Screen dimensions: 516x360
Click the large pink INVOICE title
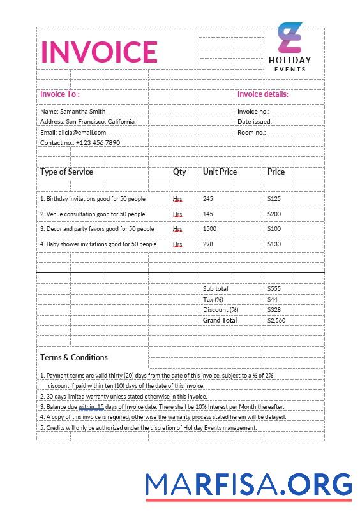(99, 52)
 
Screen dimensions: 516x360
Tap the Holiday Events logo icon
(290, 38)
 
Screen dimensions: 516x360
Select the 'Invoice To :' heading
(60, 94)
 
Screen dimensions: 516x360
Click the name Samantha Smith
(79, 111)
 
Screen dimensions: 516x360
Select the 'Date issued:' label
(255, 121)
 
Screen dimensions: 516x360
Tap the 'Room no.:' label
(251, 132)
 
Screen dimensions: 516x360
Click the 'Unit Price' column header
(220, 172)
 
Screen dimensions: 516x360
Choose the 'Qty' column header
(179, 172)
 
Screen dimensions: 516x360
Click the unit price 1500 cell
(209, 229)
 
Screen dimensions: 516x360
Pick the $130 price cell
(274, 244)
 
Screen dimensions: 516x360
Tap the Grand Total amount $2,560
(276, 320)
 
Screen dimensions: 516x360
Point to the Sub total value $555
(274, 289)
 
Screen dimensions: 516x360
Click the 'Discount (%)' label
(220, 310)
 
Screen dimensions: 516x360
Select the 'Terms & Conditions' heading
(74, 357)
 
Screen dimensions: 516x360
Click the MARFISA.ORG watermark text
(248, 485)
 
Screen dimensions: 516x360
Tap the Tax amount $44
(273, 299)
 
